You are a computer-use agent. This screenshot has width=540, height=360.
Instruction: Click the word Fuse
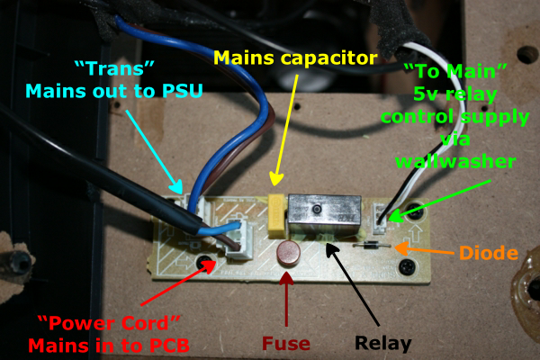(287, 343)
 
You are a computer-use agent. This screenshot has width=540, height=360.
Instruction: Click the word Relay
(383, 343)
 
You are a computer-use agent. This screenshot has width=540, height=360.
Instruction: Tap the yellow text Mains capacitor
(295, 60)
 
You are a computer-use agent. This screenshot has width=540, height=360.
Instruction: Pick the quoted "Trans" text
(103, 68)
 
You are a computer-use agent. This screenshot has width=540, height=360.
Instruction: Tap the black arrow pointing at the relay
(359, 283)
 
